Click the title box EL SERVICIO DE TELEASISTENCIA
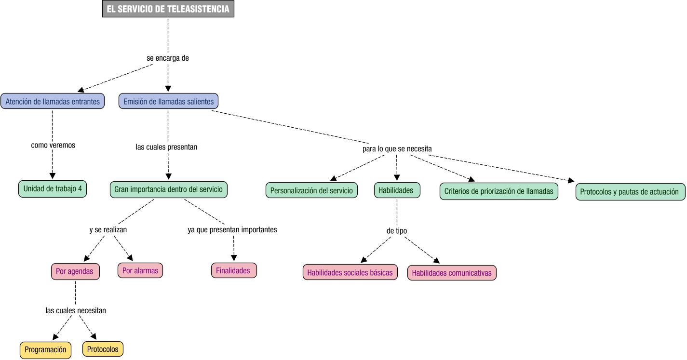click(168, 9)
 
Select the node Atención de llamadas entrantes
click(53, 101)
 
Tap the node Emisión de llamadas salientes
click(168, 101)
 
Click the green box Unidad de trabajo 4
click(53, 189)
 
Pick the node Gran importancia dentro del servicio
click(168, 189)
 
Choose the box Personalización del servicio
click(311, 190)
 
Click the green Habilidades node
click(397, 190)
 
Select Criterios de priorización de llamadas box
click(498, 191)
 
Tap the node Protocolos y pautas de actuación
click(630, 192)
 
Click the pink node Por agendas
click(75, 271)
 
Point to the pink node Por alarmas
click(140, 270)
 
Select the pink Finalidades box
click(233, 270)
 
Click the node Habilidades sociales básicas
click(350, 272)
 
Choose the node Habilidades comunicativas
click(452, 273)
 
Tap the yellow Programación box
click(45, 350)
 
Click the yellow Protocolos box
click(103, 349)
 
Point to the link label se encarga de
click(168, 58)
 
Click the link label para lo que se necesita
click(397, 149)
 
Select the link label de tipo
click(397, 231)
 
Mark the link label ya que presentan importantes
click(232, 229)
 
